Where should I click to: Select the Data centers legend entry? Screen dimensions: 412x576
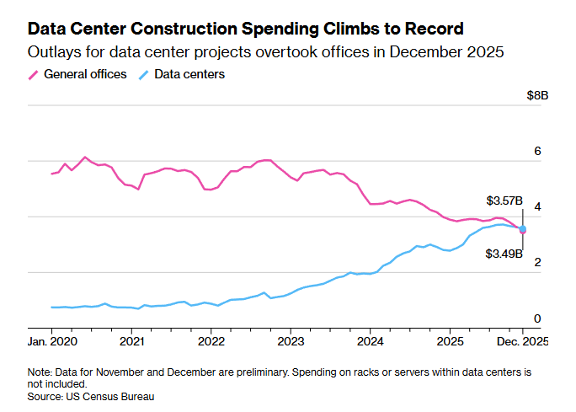pos(189,74)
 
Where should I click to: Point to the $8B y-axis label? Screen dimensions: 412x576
pos(537,96)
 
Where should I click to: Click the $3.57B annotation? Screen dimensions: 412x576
pos(504,201)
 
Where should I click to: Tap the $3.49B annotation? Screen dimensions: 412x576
pos(504,254)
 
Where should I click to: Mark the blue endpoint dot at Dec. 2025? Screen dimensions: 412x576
pos(523,229)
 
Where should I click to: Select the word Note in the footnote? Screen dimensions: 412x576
pos(39,372)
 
